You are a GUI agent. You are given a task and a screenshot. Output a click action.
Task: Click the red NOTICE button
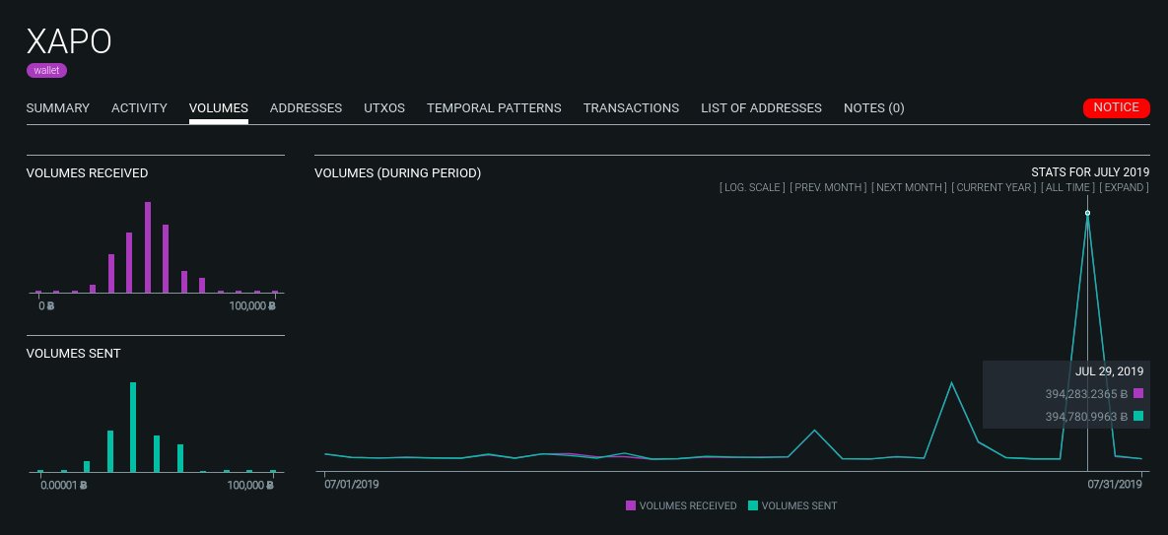(1116, 108)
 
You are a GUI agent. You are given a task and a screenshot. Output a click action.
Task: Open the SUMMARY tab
(57, 108)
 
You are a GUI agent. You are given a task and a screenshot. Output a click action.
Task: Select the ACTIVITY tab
(139, 108)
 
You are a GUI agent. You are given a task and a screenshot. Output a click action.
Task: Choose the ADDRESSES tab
(306, 108)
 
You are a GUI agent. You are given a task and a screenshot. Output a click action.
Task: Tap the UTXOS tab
(384, 108)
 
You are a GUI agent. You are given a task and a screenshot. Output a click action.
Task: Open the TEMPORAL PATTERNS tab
(494, 108)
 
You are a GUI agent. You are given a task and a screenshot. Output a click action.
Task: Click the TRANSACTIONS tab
(631, 108)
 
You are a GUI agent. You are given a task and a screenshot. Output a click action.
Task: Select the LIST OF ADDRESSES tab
(761, 108)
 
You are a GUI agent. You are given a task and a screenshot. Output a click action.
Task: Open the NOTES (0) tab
(873, 108)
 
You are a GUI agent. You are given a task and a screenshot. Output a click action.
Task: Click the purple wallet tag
(46, 71)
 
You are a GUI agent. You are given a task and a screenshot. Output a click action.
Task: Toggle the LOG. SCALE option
(753, 187)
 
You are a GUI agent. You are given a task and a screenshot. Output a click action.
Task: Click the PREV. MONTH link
(829, 187)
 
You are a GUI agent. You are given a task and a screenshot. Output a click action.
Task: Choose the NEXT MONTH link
(908, 187)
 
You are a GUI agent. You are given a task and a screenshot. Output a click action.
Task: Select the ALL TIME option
(1066, 187)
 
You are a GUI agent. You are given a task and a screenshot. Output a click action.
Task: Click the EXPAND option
(1124, 187)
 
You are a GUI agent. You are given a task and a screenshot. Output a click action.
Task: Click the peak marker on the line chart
(1087, 213)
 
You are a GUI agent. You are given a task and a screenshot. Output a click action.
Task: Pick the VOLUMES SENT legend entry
(792, 505)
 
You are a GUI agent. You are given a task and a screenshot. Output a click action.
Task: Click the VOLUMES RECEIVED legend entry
(681, 505)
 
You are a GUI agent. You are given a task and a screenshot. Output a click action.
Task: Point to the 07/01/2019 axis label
(352, 485)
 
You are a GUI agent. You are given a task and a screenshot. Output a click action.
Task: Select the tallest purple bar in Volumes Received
(148, 247)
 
